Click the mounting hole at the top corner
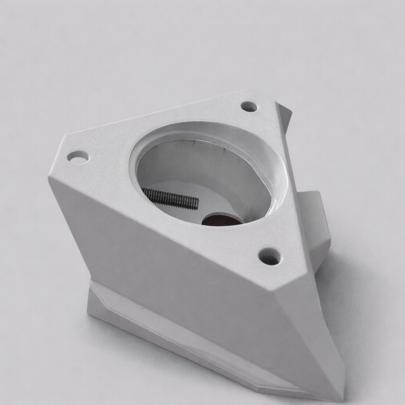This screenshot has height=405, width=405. (249, 106)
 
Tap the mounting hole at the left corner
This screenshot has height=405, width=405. (78, 157)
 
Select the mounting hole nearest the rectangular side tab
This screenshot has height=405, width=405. (270, 256)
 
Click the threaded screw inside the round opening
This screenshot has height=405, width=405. (170, 198)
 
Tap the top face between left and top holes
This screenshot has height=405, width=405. (158, 119)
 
